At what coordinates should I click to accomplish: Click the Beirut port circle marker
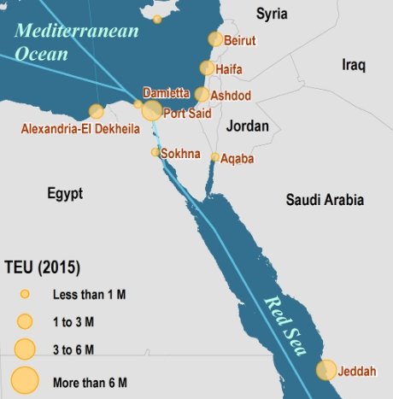tap(215, 39)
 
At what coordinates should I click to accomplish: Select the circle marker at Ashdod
tap(202, 94)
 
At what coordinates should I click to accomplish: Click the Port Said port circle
tap(151, 110)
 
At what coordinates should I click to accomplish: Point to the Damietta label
tap(167, 92)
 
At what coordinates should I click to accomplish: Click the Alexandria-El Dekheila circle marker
tap(97, 111)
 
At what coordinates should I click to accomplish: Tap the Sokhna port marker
tap(155, 153)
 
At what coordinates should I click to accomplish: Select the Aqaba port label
tap(237, 158)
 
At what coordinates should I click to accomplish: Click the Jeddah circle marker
tap(326, 370)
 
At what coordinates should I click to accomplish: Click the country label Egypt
tap(65, 194)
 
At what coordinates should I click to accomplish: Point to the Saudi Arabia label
tap(325, 200)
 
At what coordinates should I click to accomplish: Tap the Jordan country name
tap(248, 126)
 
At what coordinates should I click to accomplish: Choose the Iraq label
tap(353, 65)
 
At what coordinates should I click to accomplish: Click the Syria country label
tap(273, 15)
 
